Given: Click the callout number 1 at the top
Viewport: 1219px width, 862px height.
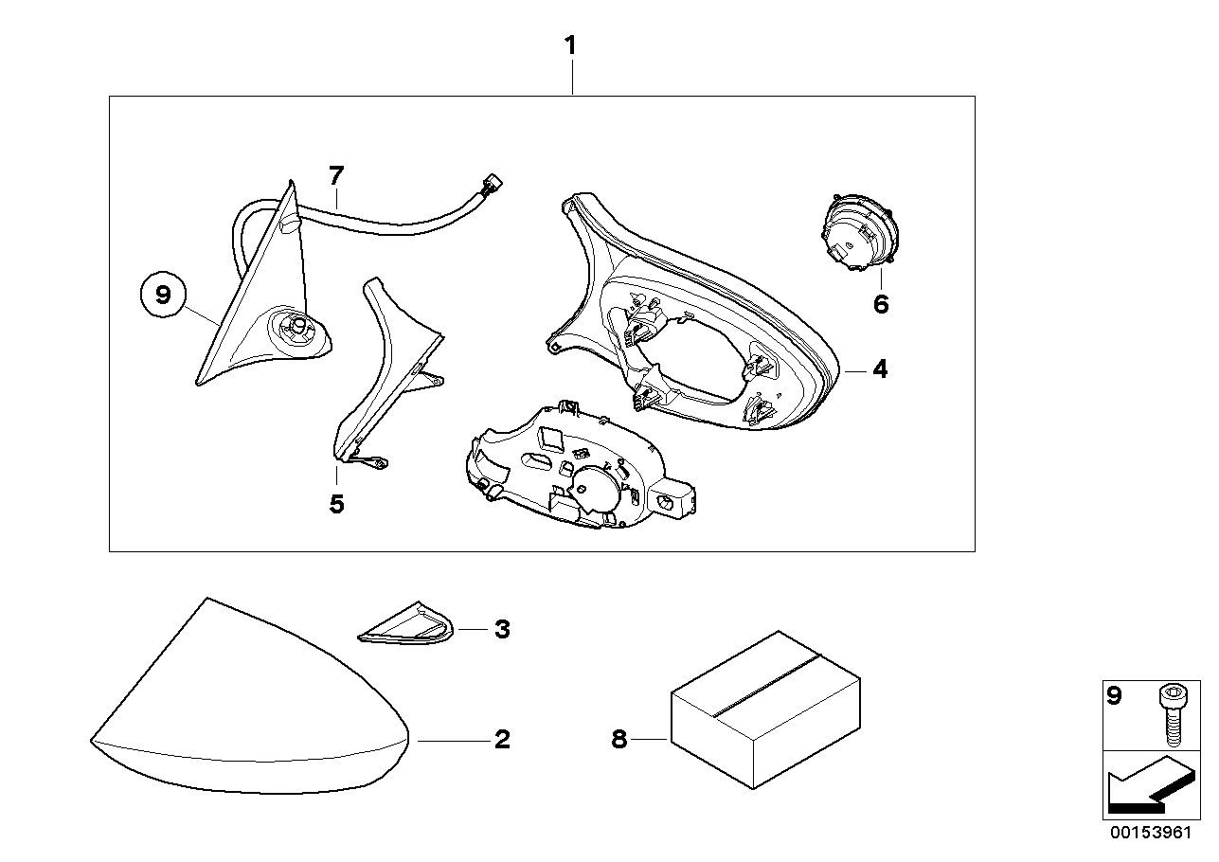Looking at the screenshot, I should [570, 45].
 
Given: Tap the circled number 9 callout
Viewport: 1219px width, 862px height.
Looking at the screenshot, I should [163, 296].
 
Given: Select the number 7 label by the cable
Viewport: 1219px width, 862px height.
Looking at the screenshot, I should [336, 175].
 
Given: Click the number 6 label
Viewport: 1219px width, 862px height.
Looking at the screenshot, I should [881, 304].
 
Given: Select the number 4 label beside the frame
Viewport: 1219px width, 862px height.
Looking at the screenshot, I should [880, 369].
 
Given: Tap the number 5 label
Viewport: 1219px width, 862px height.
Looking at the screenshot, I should [336, 504].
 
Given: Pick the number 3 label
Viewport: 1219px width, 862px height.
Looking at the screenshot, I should [502, 629].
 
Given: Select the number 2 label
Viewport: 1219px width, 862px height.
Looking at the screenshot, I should [502, 739].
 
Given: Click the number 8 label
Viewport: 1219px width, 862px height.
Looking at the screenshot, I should [618, 740].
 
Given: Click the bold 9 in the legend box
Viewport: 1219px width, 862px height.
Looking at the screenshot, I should [1115, 697].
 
